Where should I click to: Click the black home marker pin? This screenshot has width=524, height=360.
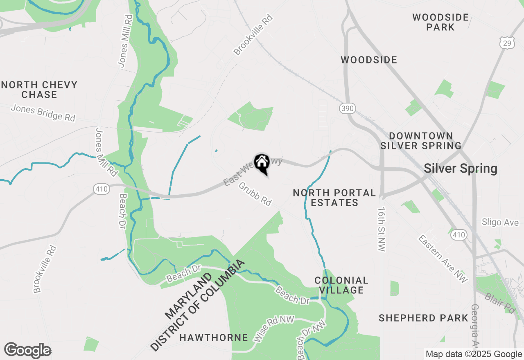(x=262, y=163)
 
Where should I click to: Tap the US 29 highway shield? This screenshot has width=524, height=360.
(x=506, y=42)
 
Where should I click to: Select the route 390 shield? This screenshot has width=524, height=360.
(x=347, y=108)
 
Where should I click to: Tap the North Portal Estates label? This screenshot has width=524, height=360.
(x=334, y=198)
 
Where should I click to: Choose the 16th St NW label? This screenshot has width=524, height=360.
(x=382, y=229)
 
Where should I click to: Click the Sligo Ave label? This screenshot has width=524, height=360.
(x=500, y=223)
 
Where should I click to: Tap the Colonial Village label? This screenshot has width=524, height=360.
(x=341, y=286)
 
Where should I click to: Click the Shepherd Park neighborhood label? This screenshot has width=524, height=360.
(x=423, y=318)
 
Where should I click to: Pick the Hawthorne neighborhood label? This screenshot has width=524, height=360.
(x=214, y=337)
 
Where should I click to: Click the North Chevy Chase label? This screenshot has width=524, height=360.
(x=39, y=90)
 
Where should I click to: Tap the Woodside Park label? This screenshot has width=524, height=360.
(x=440, y=22)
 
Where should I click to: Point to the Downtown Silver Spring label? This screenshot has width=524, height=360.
(x=421, y=141)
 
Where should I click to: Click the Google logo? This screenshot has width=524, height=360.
(x=27, y=350)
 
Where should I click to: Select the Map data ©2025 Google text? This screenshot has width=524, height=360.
(x=474, y=354)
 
